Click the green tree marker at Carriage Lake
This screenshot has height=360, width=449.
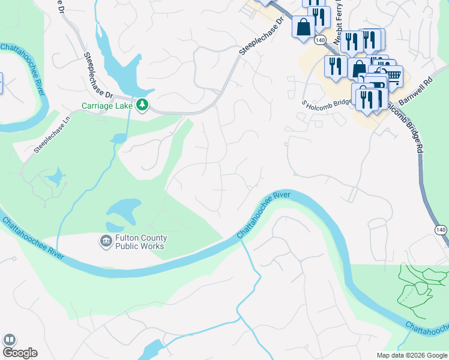[142, 106]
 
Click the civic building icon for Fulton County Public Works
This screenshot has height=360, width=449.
[106, 241]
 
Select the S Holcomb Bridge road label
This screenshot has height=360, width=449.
[327, 103]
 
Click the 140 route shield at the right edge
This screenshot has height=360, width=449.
[441, 230]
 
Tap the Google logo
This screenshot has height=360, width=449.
[19, 353]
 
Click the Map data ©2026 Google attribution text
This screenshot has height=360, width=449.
[411, 355]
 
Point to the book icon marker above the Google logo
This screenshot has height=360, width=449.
[9, 340]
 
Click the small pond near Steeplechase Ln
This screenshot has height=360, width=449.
[56, 178]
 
